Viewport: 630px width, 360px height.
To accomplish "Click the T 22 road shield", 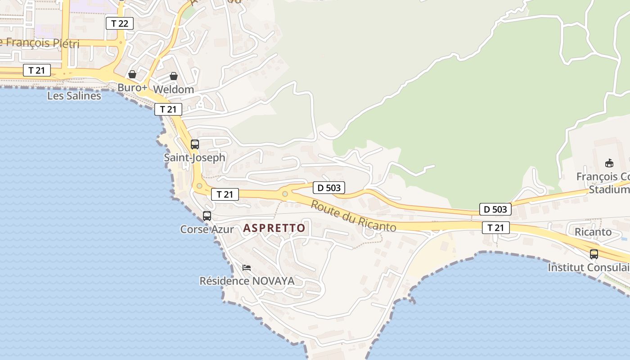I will [x=120, y=23].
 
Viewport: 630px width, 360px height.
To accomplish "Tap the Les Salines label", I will [x=74, y=96].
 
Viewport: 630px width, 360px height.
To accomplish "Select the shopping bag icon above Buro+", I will [x=132, y=74].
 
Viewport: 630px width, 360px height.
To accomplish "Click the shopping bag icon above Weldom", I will [x=174, y=76].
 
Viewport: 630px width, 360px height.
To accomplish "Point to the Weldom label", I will [x=174, y=90].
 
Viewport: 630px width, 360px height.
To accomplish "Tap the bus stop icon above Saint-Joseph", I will [x=195, y=144].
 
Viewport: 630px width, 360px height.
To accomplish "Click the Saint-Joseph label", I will [x=194, y=157].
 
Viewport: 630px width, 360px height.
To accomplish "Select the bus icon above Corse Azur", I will [x=207, y=216].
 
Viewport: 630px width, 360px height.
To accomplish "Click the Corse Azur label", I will [x=207, y=229].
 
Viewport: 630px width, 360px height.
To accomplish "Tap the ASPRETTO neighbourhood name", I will [x=274, y=228].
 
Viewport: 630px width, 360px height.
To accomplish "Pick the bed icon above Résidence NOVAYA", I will [x=247, y=268].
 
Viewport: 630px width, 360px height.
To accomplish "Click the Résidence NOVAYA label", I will [x=247, y=281].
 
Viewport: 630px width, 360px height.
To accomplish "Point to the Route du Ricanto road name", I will [x=354, y=216].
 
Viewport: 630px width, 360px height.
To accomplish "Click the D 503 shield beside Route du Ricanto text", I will [x=329, y=188].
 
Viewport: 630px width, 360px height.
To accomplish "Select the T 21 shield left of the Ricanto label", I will [x=496, y=228].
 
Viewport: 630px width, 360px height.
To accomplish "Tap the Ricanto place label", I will [x=593, y=232].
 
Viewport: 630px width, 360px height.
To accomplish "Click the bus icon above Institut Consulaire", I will [x=594, y=254].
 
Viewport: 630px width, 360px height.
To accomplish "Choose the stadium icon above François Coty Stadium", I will [x=609, y=163].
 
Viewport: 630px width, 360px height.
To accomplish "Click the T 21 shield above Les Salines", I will [x=37, y=70].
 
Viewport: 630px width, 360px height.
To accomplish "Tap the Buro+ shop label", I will [x=132, y=88].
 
